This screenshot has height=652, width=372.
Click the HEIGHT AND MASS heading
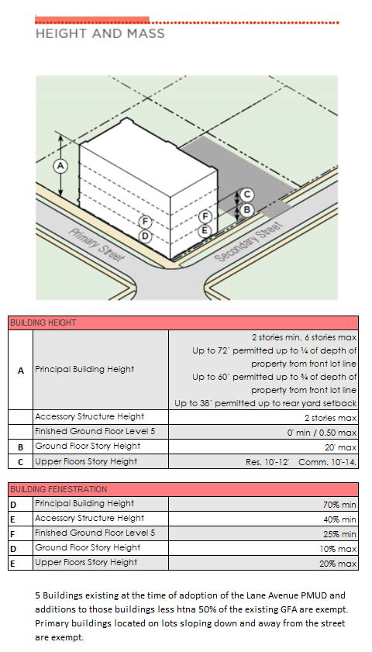coord(100,33)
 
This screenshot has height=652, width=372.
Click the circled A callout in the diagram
coord(60,166)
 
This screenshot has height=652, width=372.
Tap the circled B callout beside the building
coord(247,210)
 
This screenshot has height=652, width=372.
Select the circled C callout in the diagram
coord(247,194)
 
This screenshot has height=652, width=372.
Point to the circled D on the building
coord(145,236)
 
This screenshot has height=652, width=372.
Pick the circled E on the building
coord(204,231)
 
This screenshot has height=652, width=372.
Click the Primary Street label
coord(96,245)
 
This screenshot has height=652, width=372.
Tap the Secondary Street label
coord(249,241)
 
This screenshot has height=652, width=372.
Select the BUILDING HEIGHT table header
coord(43,323)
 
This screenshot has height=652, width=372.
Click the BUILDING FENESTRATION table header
coord(59,489)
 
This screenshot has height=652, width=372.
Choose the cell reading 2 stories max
coord(330,417)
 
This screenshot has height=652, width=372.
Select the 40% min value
coord(339,519)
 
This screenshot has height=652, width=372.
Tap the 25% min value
coord(339,534)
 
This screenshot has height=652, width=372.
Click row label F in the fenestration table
coord(12,534)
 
